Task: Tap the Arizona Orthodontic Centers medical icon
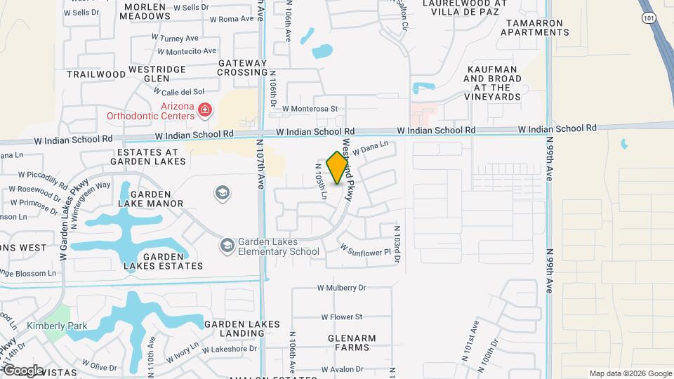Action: coord(204,110)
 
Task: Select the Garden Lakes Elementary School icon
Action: coord(227,245)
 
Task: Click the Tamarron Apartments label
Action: coord(534,27)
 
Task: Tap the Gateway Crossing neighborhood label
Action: coord(243,68)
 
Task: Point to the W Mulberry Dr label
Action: coord(342,288)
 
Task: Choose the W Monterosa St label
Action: coord(310,109)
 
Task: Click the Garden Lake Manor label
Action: coord(151,199)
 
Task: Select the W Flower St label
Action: coord(342,317)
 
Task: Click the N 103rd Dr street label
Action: coord(397,244)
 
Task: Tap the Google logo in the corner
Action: coord(22,370)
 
